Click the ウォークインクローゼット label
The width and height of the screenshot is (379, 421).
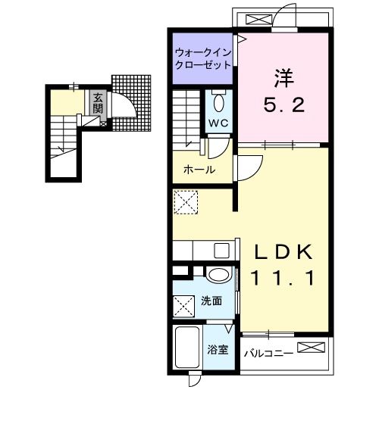point(202,59)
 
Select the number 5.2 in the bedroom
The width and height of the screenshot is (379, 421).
point(284,105)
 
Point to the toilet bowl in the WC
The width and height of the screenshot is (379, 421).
point(219,101)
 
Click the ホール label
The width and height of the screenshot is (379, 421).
point(199,169)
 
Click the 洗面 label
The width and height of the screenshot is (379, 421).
point(211,301)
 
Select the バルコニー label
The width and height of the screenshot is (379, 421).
point(268,352)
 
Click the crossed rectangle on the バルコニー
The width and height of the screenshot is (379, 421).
point(312,348)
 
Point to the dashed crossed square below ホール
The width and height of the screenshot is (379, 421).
point(186,202)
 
